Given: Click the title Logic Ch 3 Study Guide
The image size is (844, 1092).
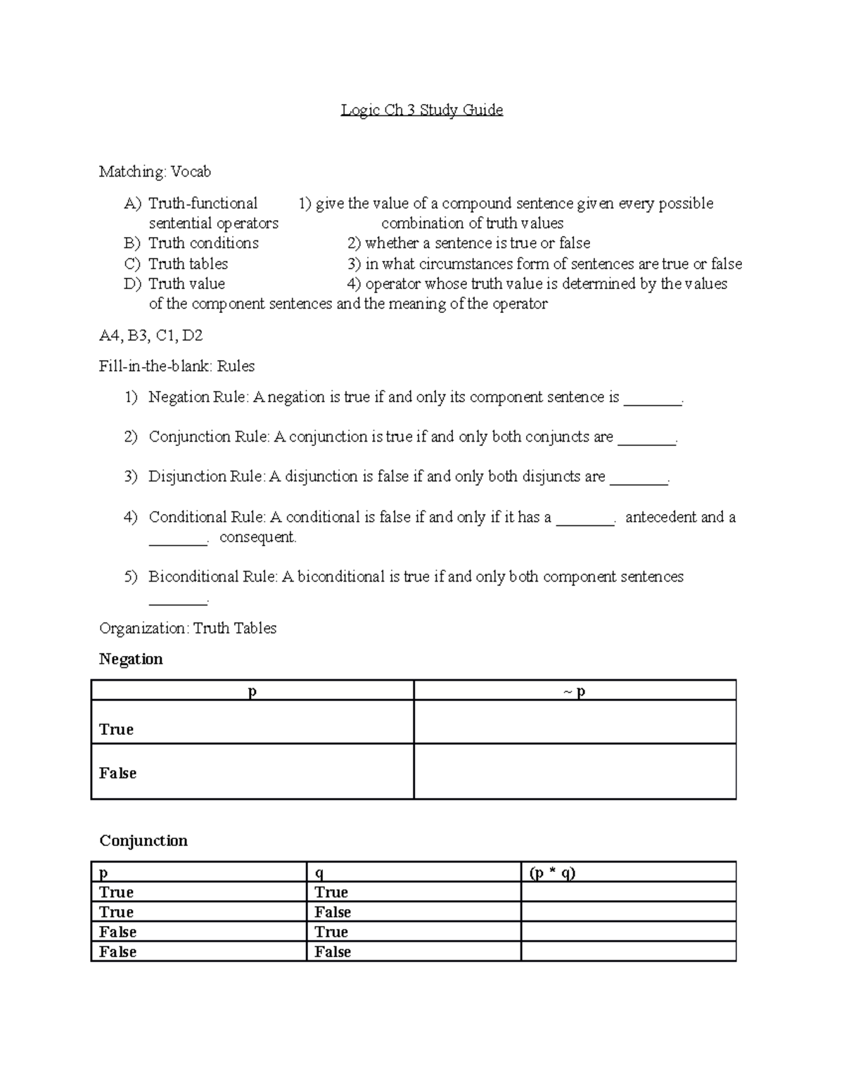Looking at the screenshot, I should (421, 110).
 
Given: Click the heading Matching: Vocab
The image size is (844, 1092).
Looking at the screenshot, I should (155, 172).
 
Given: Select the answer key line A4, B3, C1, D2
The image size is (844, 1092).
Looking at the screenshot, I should (151, 335).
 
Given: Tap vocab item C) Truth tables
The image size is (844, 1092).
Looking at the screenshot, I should (188, 264).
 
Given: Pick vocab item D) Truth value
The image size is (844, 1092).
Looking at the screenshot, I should (186, 284).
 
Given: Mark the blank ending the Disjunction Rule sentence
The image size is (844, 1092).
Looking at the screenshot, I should (638, 479).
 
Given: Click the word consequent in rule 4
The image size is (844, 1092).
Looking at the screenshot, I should (257, 538).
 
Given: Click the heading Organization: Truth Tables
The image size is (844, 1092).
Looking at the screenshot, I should (188, 629).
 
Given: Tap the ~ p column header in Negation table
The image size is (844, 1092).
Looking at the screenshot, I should (575, 691).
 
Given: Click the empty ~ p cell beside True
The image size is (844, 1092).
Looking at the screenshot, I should (575, 722).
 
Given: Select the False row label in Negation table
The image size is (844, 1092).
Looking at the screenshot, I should (117, 773).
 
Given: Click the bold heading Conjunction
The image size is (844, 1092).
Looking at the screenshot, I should (143, 841).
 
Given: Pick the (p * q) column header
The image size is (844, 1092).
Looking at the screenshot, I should (552, 873).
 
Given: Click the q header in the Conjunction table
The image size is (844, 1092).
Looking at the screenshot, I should (319, 873).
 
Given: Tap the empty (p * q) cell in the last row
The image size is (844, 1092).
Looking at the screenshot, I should (628, 952).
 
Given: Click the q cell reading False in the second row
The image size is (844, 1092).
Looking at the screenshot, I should (333, 913).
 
